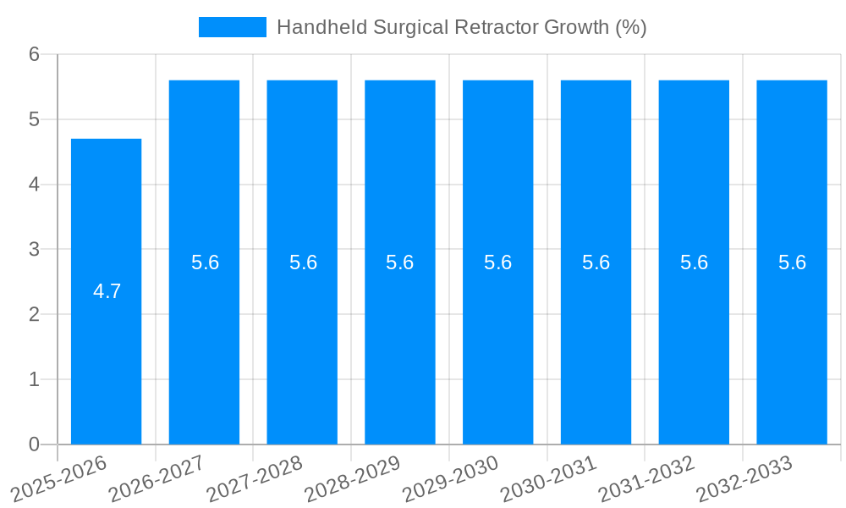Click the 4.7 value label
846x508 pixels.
(107, 291)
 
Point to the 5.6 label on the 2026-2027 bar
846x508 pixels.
(205, 262)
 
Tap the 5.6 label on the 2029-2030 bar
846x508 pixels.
(497, 262)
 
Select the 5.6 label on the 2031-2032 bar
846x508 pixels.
(694, 262)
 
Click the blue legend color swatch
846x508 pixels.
(232, 27)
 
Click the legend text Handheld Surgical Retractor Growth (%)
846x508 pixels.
(461, 27)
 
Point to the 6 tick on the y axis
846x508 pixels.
(34, 54)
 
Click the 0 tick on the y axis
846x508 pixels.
(34, 444)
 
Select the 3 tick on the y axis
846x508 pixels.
(34, 249)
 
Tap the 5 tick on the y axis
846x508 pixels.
(34, 119)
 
